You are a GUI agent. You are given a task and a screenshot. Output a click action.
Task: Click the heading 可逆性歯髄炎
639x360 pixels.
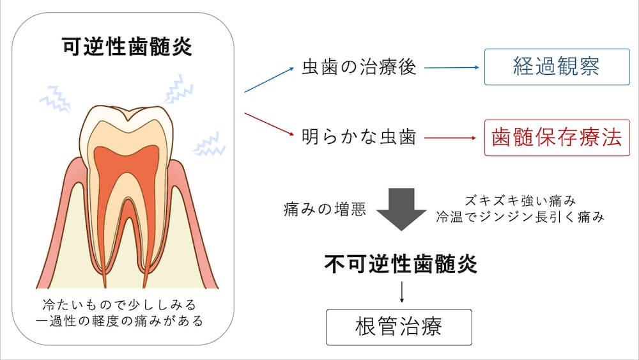click(127, 48)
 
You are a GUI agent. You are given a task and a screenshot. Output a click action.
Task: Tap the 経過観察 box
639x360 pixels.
click(557, 67)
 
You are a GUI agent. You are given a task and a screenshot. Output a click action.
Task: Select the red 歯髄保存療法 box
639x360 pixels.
click(557, 138)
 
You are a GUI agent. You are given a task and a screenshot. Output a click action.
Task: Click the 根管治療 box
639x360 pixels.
click(399, 327)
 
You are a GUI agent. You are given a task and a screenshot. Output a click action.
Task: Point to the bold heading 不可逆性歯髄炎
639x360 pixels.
click(401, 263)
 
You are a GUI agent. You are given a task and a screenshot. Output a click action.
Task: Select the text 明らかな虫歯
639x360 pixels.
click(359, 138)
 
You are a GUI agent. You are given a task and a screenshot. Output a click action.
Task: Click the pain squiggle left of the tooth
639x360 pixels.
click(54, 99)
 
